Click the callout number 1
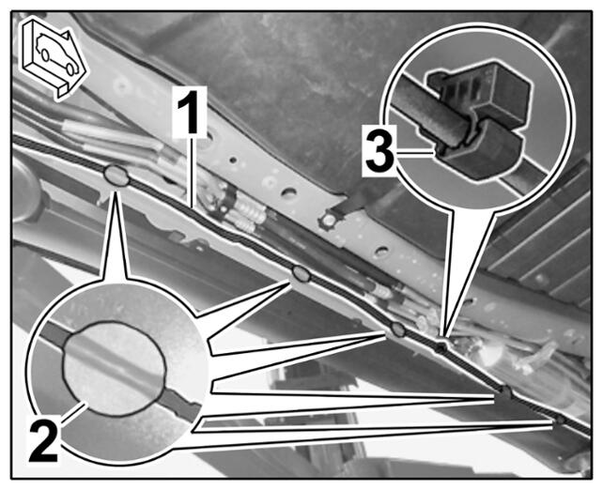coord(189,112)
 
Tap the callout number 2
coord(43,440)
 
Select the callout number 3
coord(379,149)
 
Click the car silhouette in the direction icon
coord(57,55)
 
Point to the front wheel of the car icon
coord(70,69)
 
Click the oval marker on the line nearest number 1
coord(116,176)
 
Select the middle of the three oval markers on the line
coord(301,274)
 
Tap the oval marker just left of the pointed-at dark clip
coord(398,329)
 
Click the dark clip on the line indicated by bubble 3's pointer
coord(441,348)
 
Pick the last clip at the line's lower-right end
coord(561,420)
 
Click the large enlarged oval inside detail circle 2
coord(115,369)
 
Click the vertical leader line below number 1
coord(190,172)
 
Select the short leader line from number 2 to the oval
coord(74,411)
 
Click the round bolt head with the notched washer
coord(329,221)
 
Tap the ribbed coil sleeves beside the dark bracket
coord(246,214)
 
